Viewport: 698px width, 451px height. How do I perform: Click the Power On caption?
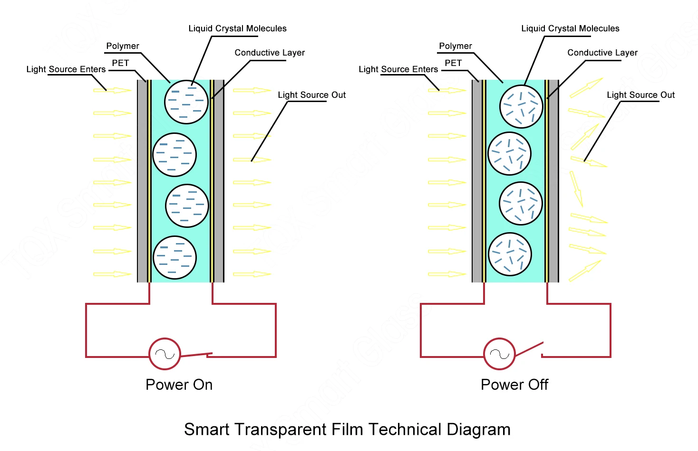coord(179,385)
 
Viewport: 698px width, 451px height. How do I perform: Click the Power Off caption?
coord(514,385)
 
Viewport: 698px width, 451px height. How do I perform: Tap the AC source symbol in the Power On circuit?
coord(165,354)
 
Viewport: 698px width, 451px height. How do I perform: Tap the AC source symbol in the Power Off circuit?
coord(499,354)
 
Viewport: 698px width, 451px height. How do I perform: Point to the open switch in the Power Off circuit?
coord(529,349)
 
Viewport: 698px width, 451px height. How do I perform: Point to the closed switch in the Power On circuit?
coord(197,355)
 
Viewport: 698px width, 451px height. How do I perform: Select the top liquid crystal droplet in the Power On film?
coord(186,102)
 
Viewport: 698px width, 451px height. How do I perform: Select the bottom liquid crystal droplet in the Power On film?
coord(175,257)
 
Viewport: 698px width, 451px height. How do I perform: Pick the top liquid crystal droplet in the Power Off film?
coord(521,106)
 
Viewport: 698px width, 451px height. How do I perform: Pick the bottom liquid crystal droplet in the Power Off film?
coord(510,254)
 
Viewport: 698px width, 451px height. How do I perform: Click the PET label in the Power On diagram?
coord(120,63)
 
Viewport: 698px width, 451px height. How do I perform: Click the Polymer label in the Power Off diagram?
coord(455,46)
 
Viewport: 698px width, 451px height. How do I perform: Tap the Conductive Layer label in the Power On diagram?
coord(270,53)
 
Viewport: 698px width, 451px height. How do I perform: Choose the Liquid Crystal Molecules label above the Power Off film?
coord(570,28)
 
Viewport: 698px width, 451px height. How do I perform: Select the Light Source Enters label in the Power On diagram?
coord(66,69)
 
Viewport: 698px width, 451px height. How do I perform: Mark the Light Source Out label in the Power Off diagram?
coord(640,95)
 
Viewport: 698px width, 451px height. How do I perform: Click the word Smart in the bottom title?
coord(207,429)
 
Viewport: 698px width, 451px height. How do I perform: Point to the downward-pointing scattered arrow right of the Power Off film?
coord(576,189)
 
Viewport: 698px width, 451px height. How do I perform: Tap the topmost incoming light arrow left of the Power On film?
coord(113,90)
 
